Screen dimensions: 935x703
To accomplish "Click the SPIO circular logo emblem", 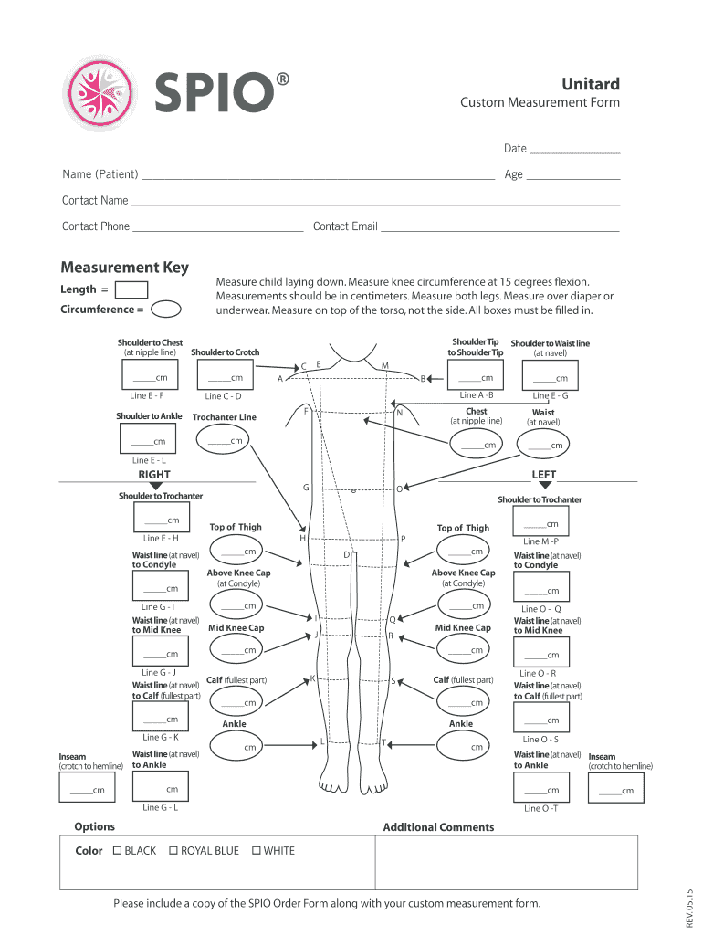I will tap(95, 92).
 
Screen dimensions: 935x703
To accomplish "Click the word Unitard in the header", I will tap(590, 83).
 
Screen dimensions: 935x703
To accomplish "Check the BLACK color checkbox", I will tap(117, 851).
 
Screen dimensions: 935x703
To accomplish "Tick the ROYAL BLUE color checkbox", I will tap(173, 851).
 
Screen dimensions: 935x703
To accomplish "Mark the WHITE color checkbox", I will tap(257, 851).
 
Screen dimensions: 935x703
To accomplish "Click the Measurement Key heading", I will tap(124, 268).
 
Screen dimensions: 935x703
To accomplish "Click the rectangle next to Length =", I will tap(132, 289).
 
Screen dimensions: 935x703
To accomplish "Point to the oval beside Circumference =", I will tap(166, 309).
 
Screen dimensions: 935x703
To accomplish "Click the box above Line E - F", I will tap(147, 376).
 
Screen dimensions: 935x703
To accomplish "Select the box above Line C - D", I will tap(223, 376).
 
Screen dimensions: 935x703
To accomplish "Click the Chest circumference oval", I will tap(477, 443).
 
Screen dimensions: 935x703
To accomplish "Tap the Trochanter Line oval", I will tap(225, 442).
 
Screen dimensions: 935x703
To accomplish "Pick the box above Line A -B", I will tap(477, 376).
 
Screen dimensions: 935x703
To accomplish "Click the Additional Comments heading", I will tap(438, 827).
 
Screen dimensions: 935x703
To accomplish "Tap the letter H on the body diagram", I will tap(302, 539).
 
